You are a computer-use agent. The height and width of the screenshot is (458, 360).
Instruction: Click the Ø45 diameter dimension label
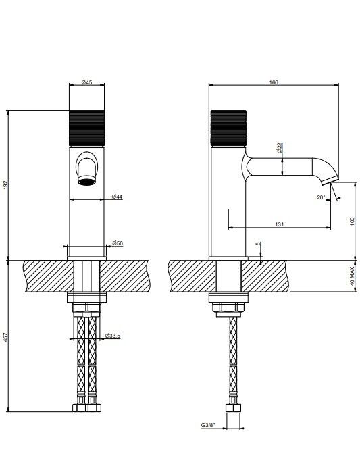[86, 82]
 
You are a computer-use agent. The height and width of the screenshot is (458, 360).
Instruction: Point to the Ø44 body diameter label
[117, 197]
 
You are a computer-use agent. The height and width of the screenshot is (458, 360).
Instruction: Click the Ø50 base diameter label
[118, 243]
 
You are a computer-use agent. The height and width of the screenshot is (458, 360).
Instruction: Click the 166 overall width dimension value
[274, 82]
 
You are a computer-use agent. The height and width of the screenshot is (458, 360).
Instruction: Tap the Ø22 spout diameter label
[280, 148]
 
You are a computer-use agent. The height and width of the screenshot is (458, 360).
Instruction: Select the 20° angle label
[321, 197]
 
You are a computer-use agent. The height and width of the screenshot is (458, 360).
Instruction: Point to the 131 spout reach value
[280, 224]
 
